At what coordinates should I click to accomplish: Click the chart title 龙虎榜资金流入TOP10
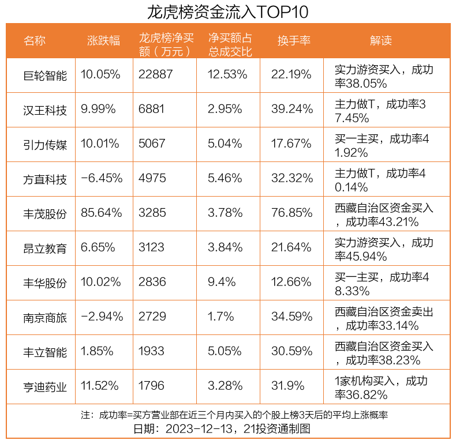point(228,12)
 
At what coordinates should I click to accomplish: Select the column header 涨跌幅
point(103,40)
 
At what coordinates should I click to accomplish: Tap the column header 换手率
point(294,40)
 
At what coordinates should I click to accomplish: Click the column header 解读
point(380,40)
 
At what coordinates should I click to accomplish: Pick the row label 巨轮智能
point(45,76)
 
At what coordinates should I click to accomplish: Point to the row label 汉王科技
point(45,110)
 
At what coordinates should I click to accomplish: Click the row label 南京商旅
point(45,317)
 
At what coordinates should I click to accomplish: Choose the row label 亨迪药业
point(45,386)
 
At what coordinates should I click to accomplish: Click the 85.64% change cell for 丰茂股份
point(102,213)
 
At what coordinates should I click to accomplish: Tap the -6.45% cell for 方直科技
point(102,179)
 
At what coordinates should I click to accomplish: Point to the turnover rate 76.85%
point(291,213)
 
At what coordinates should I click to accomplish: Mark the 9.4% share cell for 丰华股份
point(221,283)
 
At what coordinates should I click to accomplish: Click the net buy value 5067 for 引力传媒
point(152,144)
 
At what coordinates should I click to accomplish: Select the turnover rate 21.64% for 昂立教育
point(291,248)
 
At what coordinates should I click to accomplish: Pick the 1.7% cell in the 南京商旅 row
point(221,317)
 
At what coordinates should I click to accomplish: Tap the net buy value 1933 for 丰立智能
point(152,352)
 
